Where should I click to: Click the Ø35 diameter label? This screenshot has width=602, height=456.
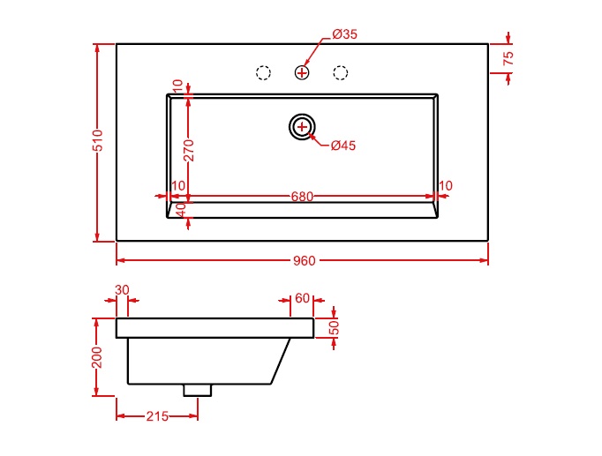coord(345,34)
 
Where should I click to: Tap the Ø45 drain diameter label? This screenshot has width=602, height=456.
coord(343,146)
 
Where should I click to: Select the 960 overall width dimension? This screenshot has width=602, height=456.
coord(304,261)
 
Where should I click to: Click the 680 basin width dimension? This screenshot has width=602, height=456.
coord(302,197)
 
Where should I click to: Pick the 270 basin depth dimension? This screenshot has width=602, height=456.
coord(189,150)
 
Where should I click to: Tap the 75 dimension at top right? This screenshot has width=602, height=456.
coord(508,58)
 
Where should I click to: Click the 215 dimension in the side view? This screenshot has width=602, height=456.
coord(157,416)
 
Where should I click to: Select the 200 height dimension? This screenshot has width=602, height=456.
coord(97,357)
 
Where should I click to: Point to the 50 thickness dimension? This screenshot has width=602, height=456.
coord(334,328)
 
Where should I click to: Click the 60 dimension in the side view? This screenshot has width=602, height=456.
coord(303,298)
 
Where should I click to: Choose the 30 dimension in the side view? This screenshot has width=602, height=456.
coord(122,290)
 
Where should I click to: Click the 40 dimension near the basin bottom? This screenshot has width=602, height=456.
coord(181,210)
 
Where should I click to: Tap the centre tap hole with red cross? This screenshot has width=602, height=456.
coord(302,72)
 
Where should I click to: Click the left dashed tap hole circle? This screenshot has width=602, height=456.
coord(263,72)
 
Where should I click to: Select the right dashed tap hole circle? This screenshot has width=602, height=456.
coord(341,72)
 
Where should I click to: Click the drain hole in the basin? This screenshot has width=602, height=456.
coord(302,126)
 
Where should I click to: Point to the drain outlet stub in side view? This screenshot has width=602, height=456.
coord(198,390)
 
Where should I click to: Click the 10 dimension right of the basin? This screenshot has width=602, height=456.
coord(446,186)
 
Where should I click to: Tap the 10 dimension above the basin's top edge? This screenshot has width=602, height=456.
coord(177,86)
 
